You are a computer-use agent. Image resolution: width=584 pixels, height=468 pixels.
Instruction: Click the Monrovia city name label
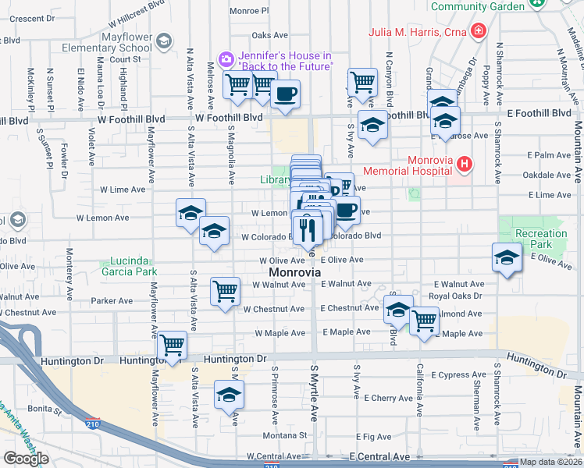294,273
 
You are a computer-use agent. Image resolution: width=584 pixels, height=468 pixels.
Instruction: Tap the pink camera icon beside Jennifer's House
226,58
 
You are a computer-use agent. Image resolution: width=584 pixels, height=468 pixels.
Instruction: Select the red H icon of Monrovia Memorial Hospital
465,165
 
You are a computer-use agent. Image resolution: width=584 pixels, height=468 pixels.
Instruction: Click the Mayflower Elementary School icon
163,41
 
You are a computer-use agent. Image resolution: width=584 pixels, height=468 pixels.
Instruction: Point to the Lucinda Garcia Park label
129,266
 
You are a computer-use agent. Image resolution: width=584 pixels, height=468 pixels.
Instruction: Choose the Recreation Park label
541,239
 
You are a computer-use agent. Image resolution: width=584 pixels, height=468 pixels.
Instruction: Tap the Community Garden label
477,7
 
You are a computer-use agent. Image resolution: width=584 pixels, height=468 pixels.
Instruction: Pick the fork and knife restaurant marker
307,229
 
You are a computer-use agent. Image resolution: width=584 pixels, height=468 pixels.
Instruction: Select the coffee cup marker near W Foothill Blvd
284,94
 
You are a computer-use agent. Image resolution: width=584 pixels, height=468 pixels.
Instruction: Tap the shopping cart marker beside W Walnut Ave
225,292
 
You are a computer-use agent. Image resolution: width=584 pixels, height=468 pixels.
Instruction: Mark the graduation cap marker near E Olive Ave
506,257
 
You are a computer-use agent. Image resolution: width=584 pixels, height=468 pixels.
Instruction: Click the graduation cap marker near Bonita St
229,395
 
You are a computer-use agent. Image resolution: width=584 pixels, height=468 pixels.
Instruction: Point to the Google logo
26,459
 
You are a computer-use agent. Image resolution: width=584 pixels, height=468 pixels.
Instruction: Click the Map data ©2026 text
550,462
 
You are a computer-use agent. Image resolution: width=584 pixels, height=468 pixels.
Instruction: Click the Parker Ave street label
112,300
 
